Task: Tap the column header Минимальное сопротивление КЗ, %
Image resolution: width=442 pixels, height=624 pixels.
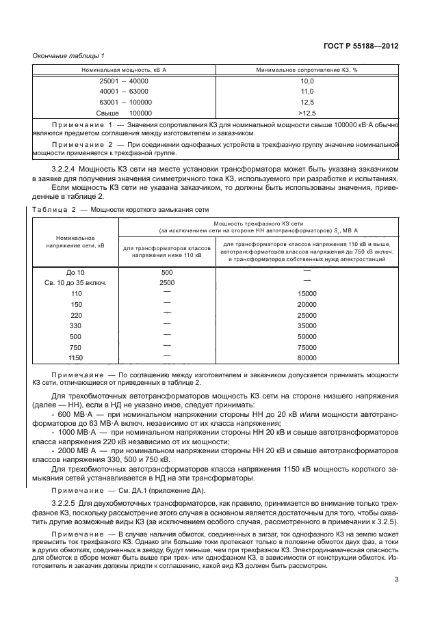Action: coord(307,70)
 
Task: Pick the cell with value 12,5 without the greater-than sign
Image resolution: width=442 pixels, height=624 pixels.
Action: coord(307,102)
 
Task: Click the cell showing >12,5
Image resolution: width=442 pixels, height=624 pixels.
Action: coord(307,112)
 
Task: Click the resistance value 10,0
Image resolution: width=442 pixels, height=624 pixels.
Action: coord(307,81)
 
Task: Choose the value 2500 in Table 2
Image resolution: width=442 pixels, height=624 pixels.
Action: coord(167,282)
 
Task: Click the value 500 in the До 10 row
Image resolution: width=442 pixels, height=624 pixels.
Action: coord(167,272)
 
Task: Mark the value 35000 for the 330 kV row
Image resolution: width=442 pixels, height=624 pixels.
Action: coord(307,326)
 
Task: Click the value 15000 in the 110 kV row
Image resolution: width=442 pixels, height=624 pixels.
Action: coord(307,293)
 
